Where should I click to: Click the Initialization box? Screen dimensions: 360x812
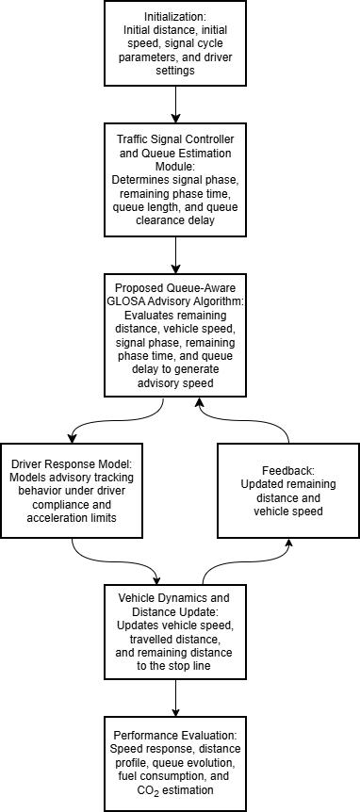pos(175,43)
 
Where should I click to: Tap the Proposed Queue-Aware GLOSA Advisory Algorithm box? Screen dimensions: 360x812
pos(175,335)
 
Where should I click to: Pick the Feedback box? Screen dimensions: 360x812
pos(288,490)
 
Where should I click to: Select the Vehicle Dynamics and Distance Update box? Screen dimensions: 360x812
pos(175,631)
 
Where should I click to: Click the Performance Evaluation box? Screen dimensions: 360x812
pos(175,763)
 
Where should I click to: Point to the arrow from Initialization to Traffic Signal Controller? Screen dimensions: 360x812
pos(175,104)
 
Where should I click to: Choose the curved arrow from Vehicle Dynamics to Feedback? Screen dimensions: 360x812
pos(243,560)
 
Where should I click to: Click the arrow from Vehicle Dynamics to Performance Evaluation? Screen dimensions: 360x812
pos(175,698)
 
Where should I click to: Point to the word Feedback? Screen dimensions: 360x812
pos(288,472)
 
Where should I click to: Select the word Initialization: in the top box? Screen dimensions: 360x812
pos(175,17)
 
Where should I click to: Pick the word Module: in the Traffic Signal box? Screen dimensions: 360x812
pos(175,168)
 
